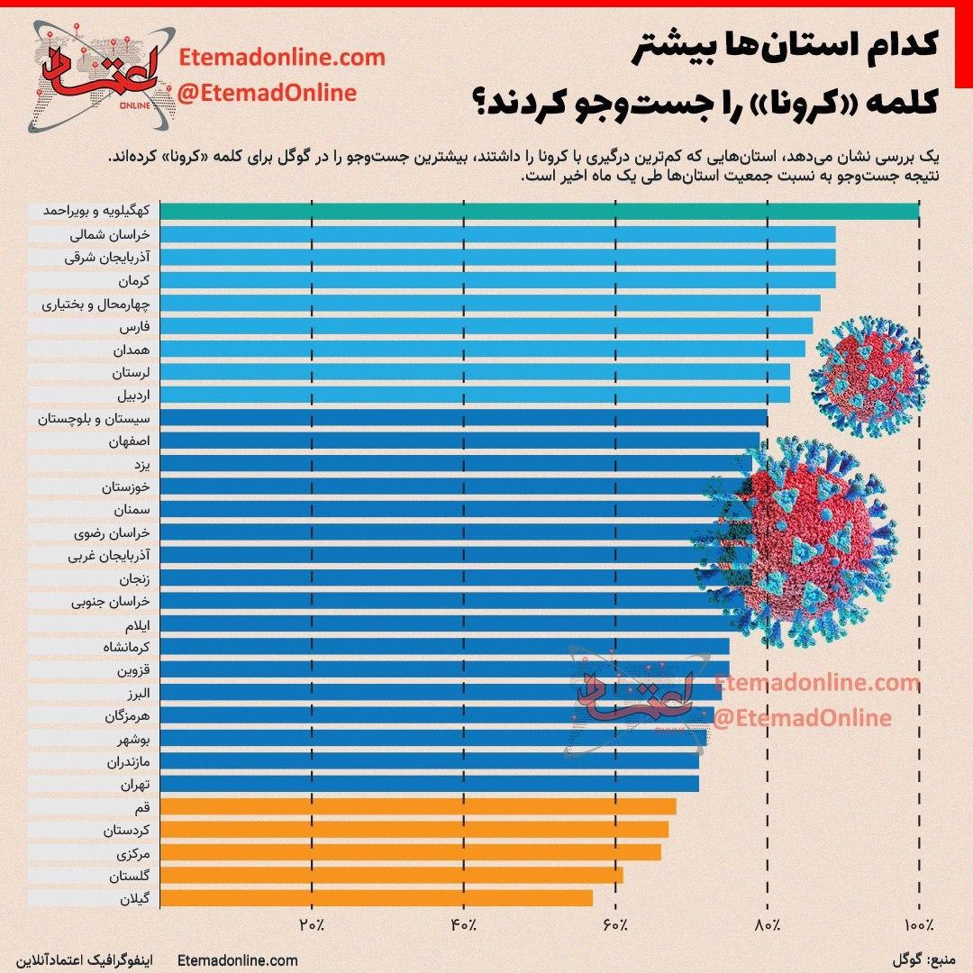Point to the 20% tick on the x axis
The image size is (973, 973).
point(312,925)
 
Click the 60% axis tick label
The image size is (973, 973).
point(615,925)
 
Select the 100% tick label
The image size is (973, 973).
point(919,925)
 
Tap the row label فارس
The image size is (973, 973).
point(133,325)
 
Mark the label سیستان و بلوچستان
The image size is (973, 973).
point(95,418)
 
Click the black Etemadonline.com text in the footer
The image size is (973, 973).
point(239,961)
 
